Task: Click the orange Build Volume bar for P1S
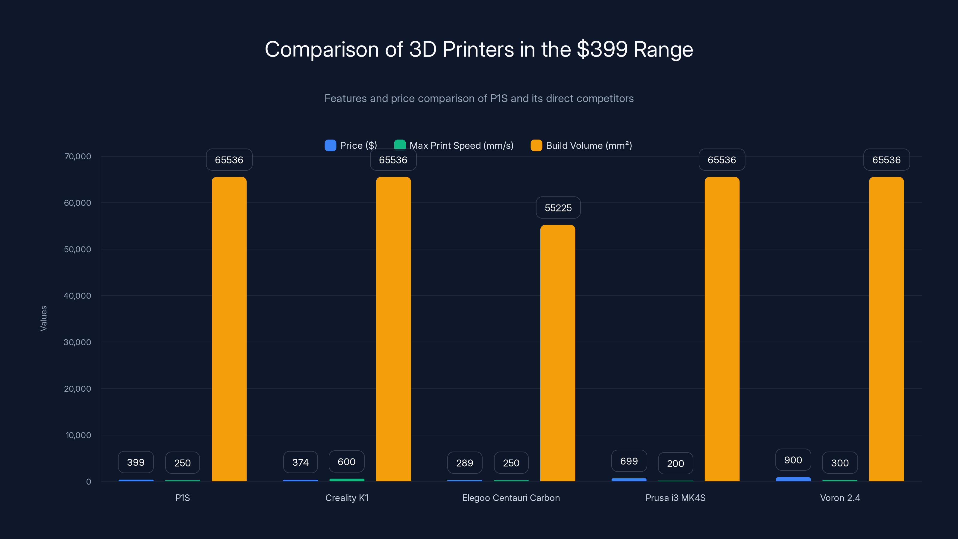pyautogui.click(x=229, y=329)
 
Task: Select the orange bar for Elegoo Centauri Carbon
pyautogui.click(x=557, y=353)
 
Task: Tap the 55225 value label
pyautogui.click(x=558, y=208)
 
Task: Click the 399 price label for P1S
pyautogui.click(x=136, y=462)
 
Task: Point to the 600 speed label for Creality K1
pyautogui.click(x=346, y=462)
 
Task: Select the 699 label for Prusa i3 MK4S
pyautogui.click(x=629, y=461)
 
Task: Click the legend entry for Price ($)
pyautogui.click(x=351, y=146)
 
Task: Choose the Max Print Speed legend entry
pyautogui.click(x=454, y=146)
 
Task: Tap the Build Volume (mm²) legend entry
pyautogui.click(x=581, y=146)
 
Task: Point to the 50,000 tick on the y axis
pyautogui.click(x=77, y=249)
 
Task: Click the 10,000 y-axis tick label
pyautogui.click(x=78, y=435)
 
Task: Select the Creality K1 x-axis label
pyautogui.click(x=347, y=498)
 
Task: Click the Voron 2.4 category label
pyautogui.click(x=840, y=498)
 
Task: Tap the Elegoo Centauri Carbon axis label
pyautogui.click(x=511, y=498)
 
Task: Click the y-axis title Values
pyautogui.click(x=43, y=318)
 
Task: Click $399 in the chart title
pyautogui.click(x=602, y=49)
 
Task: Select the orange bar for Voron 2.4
pyautogui.click(x=886, y=329)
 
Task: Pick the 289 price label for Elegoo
pyautogui.click(x=465, y=463)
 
